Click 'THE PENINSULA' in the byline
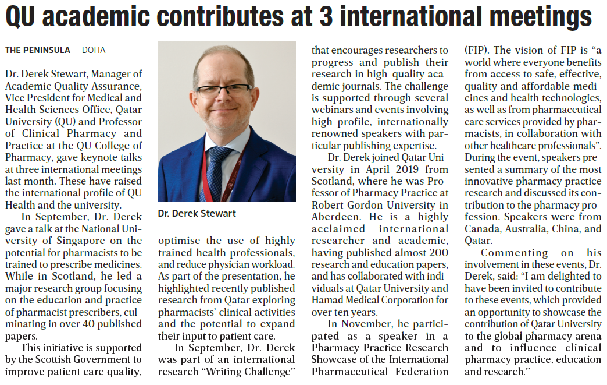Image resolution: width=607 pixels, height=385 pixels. (x=36, y=50)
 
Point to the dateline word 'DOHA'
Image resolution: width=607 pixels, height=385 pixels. (x=94, y=50)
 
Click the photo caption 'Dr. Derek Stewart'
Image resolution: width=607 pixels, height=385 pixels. (x=197, y=214)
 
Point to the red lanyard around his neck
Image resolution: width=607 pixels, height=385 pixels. (x=240, y=163)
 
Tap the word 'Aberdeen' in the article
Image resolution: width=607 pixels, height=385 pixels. (x=334, y=217)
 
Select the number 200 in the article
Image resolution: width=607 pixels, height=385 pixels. (x=437, y=252)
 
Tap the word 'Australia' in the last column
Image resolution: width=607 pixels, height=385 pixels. (x=533, y=228)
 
